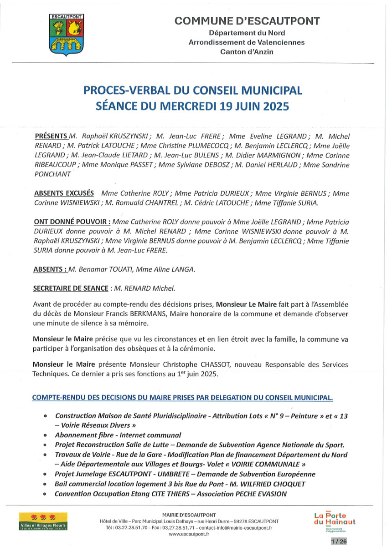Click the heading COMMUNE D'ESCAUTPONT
click(247, 20)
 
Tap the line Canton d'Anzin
click(247, 52)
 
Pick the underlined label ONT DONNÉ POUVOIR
click(72, 222)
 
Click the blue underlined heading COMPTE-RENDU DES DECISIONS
click(182, 398)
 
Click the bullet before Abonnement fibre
click(45, 435)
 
